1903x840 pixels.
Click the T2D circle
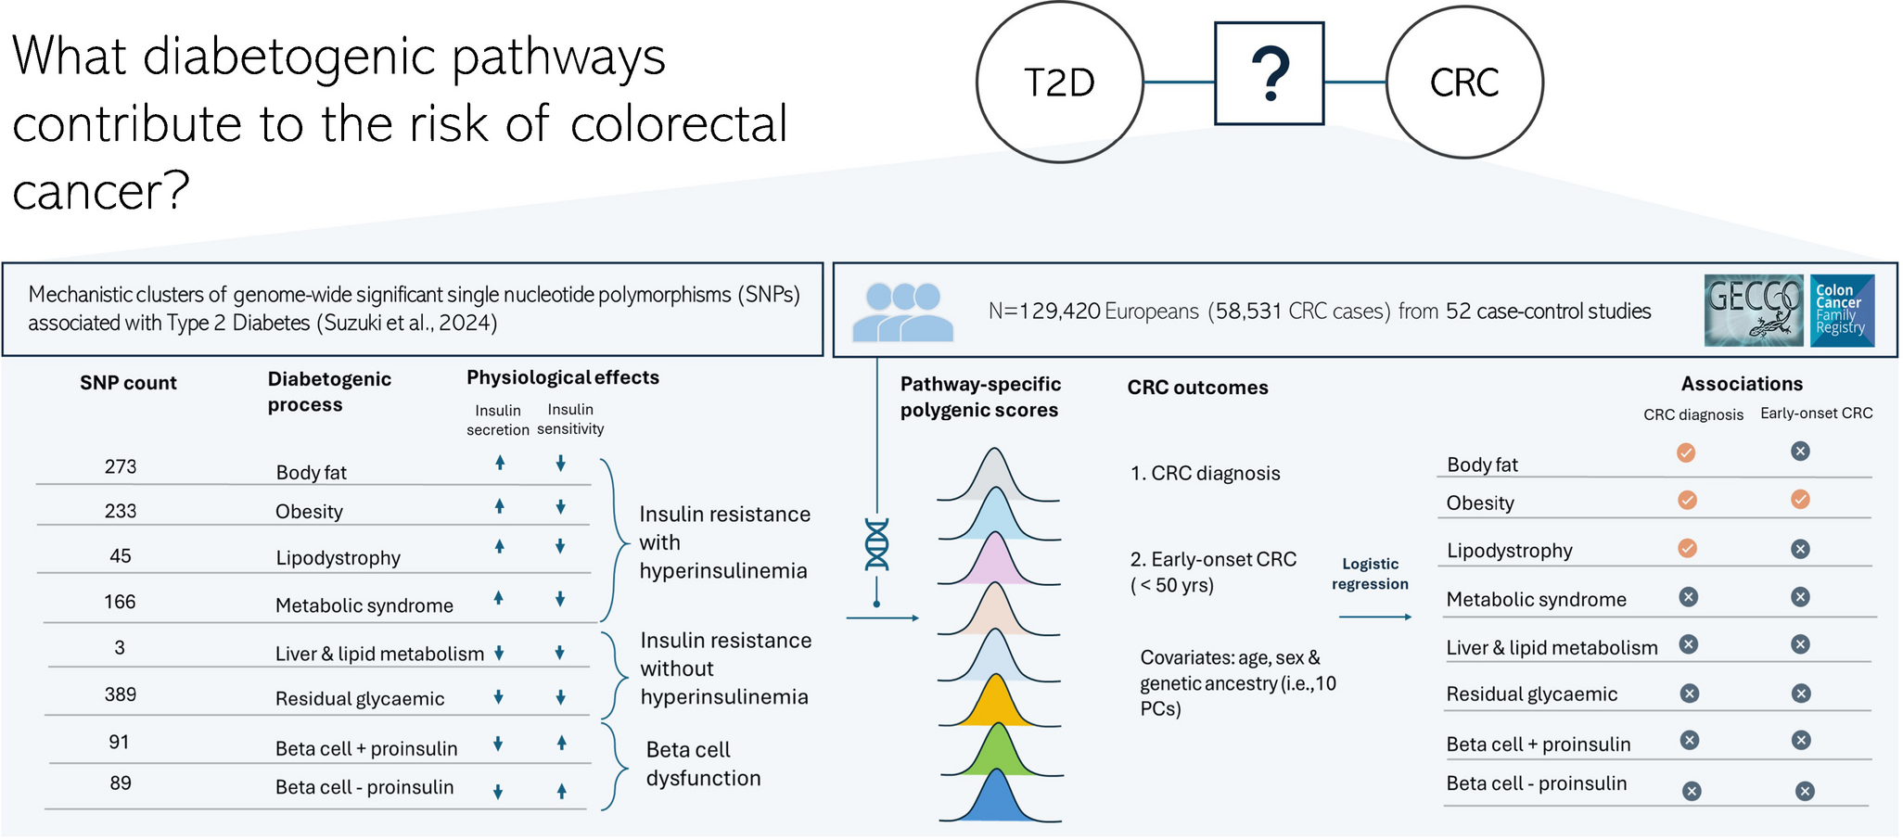[x=1059, y=83]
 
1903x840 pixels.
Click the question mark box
[x=1269, y=74]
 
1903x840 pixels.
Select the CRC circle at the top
[x=1464, y=83]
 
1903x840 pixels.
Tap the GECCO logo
[x=1754, y=311]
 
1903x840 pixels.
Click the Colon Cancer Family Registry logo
[x=1842, y=311]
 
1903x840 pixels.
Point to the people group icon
[x=902, y=312]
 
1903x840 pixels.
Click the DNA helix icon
[x=876, y=544]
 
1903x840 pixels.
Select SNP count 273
[x=121, y=466]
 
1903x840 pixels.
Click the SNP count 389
[x=121, y=694]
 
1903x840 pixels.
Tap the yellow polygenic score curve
[x=997, y=704]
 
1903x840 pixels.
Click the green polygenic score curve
[x=999, y=752]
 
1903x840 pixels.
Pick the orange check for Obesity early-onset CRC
[x=1800, y=500]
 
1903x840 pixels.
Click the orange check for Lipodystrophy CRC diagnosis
[x=1688, y=548]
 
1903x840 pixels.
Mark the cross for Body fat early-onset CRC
[x=1800, y=452]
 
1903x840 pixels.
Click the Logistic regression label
[x=1370, y=574]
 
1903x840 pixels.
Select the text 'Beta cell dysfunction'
[x=703, y=764]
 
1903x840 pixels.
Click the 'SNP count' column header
[x=128, y=383]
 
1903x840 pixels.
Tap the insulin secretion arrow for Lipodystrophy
[x=499, y=547]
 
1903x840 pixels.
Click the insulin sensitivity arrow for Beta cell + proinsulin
[x=561, y=743]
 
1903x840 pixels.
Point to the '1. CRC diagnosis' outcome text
[x=1205, y=473]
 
